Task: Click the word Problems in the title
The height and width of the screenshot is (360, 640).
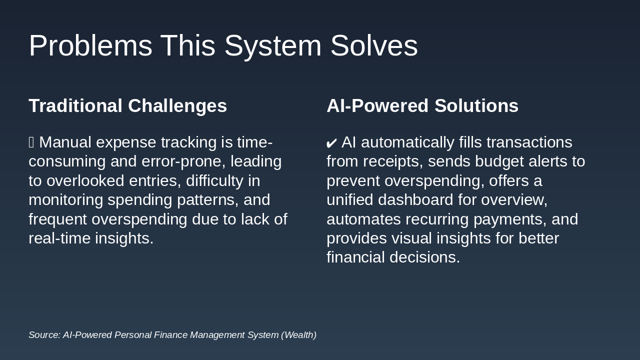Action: coord(90,45)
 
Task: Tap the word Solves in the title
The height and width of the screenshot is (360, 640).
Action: coord(374,45)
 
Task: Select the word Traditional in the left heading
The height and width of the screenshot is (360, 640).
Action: coord(75,105)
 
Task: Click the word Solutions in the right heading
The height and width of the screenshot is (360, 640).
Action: coord(476,105)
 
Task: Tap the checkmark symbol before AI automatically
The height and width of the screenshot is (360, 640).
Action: coord(331,143)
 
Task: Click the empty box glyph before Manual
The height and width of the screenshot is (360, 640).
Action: coord(31,142)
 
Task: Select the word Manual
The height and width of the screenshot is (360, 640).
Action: coord(65,142)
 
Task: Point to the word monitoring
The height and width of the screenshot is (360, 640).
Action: coord(66,200)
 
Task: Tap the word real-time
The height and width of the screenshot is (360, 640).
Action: coord(59,238)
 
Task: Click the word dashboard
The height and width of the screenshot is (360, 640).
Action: coord(415,199)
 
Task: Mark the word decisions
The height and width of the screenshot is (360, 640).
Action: coord(425,257)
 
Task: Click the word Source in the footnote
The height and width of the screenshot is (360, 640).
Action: coord(45,335)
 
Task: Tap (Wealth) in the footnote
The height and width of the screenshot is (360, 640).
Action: coord(299,335)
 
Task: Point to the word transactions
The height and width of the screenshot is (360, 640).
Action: coord(529,142)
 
